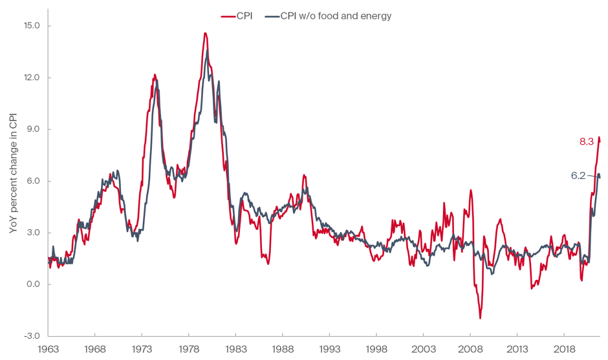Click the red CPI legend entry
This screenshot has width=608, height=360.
pyautogui.click(x=237, y=16)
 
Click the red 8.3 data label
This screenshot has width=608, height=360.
pyautogui.click(x=586, y=142)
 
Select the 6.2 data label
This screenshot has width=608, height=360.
pyautogui.click(x=578, y=175)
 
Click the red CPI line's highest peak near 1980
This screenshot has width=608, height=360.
pyautogui.click(x=205, y=33)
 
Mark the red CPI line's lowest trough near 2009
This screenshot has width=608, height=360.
pyautogui.click(x=480, y=318)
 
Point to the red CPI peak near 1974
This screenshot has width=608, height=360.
pyautogui.click(x=155, y=75)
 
